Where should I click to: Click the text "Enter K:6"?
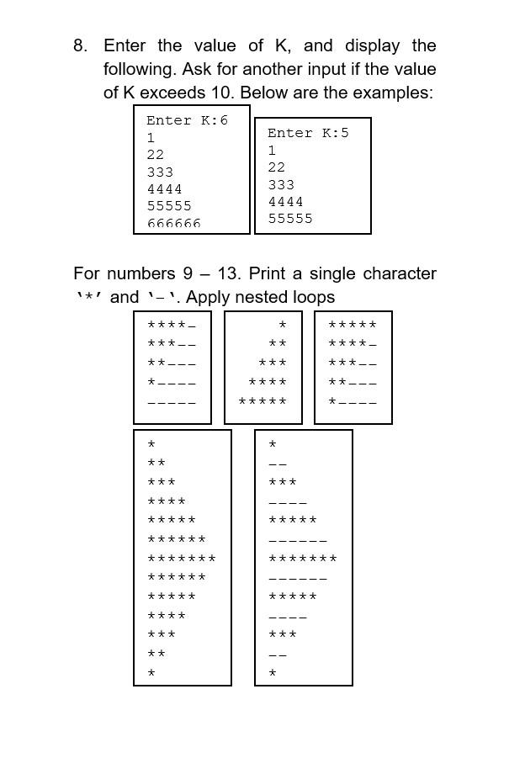(x=187, y=120)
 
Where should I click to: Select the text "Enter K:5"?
(x=308, y=133)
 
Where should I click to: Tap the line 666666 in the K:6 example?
(x=174, y=224)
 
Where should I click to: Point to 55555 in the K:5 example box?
(x=290, y=219)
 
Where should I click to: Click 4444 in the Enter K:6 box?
(x=164, y=189)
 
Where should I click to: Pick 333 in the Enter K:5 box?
(x=281, y=184)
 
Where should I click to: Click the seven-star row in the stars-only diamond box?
(x=182, y=559)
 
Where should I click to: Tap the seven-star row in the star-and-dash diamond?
(x=303, y=559)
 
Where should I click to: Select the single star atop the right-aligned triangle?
(x=283, y=325)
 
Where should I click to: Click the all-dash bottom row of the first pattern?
(x=172, y=402)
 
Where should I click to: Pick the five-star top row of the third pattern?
(x=353, y=325)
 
